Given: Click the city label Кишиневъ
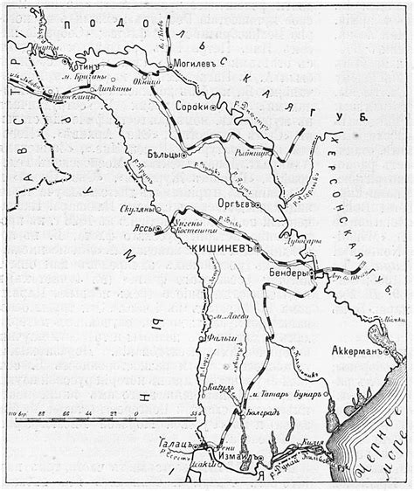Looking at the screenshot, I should point(225,249).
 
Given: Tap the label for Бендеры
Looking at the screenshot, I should point(286,273).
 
